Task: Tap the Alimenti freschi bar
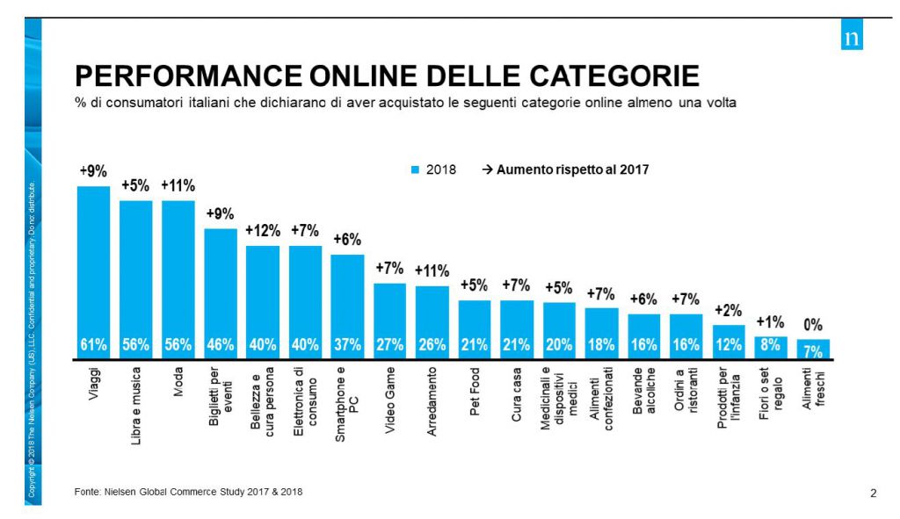pos(813,349)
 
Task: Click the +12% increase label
pos(262,232)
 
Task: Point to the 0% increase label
pos(814,326)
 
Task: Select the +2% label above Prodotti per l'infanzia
pos(729,311)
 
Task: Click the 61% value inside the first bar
pos(93,345)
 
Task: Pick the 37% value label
pos(347,345)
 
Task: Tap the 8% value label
pos(771,345)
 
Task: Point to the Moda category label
pos(178,384)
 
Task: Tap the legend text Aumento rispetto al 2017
pos(572,170)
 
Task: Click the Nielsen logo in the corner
pos(852,39)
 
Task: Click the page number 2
pos(873,493)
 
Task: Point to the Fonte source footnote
pos(188,491)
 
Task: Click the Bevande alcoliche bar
pos(643,336)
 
